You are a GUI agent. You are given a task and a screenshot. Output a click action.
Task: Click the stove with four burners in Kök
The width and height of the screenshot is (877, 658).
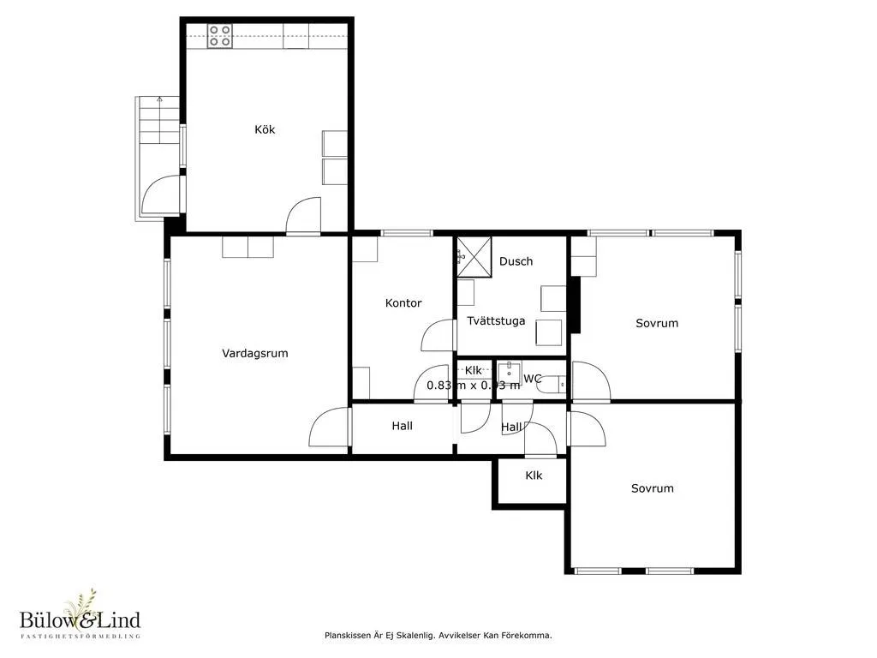(220, 35)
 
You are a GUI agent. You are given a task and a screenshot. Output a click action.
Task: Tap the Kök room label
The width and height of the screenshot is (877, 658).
(265, 129)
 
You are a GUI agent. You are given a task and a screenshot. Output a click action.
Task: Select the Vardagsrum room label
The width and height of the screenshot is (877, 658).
(254, 352)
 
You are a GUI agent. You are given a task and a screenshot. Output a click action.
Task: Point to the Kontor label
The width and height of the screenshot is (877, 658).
(403, 302)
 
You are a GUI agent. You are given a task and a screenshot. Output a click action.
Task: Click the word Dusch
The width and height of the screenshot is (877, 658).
(516, 261)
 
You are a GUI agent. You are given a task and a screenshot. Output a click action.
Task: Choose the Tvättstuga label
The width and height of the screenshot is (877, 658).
(496, 320)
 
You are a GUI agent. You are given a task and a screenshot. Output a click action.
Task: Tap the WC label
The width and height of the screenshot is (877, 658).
(532, 378)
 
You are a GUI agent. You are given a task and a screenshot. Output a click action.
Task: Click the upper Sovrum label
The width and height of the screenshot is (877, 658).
(656, 323)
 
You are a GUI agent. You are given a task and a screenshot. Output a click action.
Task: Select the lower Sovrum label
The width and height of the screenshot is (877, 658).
(652, 488)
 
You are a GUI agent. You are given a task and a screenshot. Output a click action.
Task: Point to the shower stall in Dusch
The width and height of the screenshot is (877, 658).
(471, 256)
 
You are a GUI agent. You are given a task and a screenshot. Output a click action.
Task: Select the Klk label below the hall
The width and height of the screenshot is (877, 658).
(534, 475)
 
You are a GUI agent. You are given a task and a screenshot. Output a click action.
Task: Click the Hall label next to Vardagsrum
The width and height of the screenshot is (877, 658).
(402, 425)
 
